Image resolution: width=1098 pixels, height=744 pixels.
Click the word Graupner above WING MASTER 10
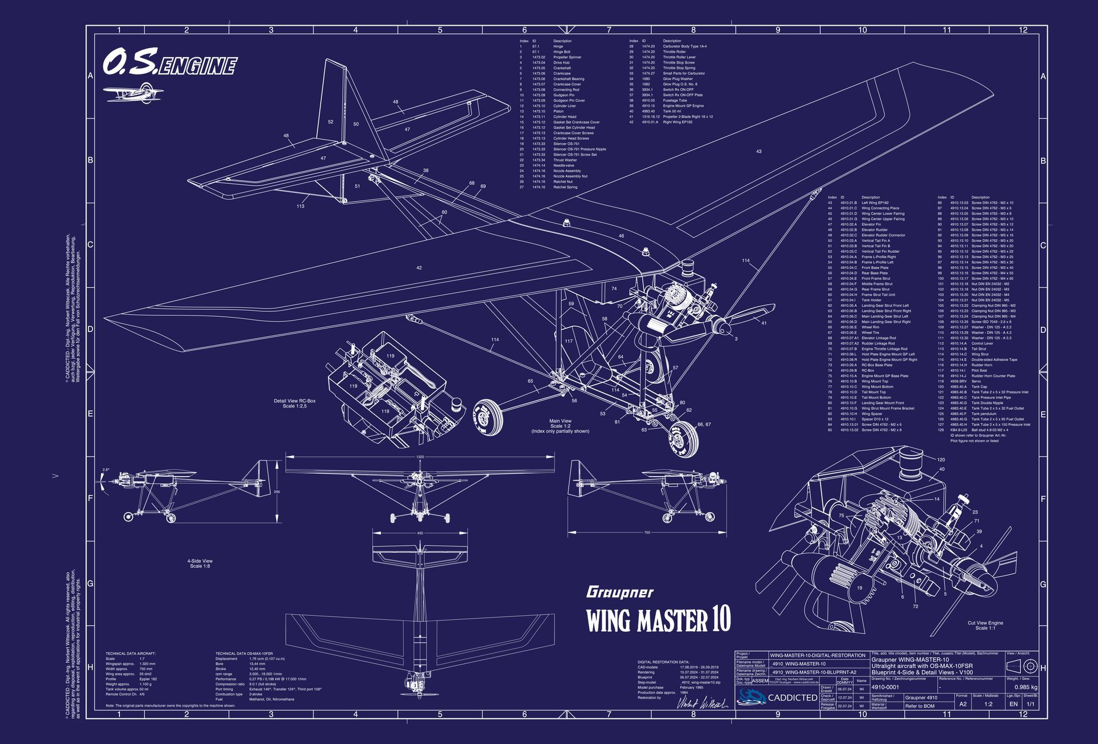coord(619,592)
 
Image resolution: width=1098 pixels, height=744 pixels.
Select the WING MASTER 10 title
coord(658,620)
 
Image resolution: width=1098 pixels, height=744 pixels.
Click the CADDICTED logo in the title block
coord(777,697)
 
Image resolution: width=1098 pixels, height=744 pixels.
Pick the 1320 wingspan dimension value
coord(420,457)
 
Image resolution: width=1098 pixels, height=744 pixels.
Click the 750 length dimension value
coord(647,533)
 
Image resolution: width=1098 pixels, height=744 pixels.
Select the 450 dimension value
coord(420,533)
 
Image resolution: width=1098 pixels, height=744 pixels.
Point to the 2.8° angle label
coord(106,470)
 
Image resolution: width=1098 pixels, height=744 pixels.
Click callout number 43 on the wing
coord(759,152)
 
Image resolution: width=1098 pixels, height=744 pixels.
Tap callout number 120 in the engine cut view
coord(941,460)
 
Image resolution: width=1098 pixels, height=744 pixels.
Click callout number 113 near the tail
coord(300,206)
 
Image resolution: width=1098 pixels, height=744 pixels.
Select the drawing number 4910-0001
coord(885,687)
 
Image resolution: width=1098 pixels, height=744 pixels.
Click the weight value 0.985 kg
coord(1025,687)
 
